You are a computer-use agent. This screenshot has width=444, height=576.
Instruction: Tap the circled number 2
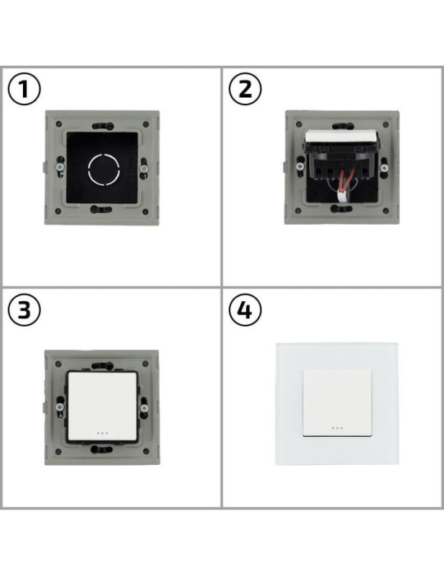[x=245, y=90]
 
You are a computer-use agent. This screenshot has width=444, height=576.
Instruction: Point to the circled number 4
[x=245, y=311]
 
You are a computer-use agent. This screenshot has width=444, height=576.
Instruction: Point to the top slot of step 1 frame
[x=102, y=126]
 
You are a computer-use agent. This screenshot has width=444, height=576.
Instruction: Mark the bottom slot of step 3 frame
[x=101, y=451]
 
